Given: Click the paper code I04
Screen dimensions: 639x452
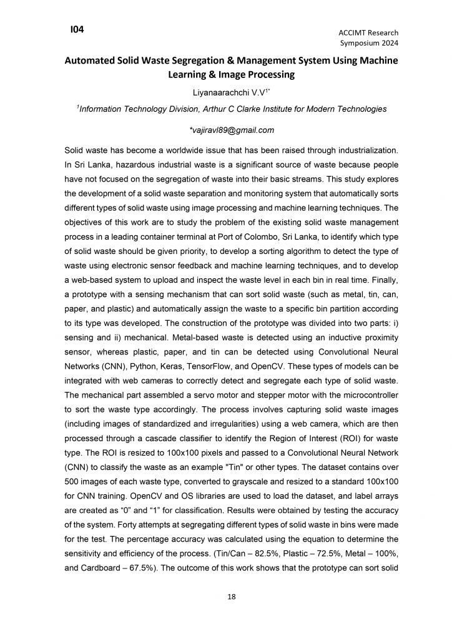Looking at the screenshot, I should [x=77, y=29].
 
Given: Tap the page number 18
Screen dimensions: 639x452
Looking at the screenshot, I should [x=231, y=598].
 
